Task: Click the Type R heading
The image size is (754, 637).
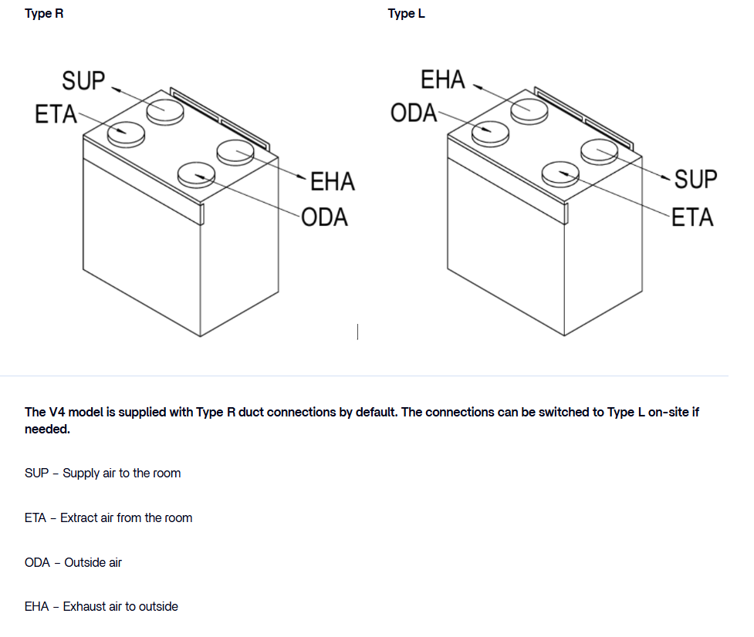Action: [44, 14]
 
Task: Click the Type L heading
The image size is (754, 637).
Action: [406, 14]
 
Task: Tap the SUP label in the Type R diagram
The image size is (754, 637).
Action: [83, 79]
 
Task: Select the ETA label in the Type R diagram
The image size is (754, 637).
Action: [56, 114]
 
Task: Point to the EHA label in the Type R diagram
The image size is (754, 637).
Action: [332, 181]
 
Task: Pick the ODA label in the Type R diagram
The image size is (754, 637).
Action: [324, 217]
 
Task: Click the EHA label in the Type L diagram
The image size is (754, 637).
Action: [443, 79]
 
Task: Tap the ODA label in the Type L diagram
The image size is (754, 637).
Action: [414, 113]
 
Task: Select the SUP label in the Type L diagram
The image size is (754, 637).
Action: [695, 179]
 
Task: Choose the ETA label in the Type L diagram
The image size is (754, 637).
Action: [692, 217]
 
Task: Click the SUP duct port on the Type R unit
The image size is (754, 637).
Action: [166, 111]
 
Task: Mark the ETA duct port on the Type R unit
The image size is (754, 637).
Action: [127, 134]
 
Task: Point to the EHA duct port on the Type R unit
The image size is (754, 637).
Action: [235, 152]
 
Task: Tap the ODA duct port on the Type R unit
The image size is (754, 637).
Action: [196, 174]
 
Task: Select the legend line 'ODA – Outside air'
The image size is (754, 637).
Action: [73, 562]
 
